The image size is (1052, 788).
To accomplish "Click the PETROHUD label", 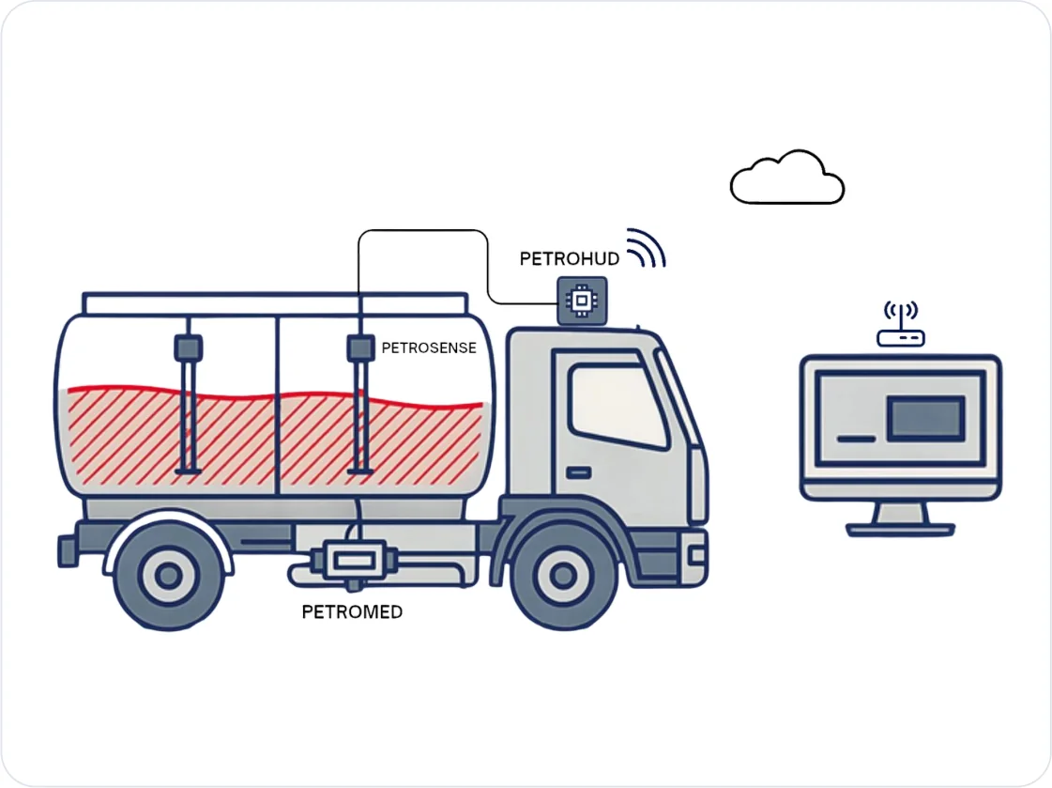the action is pos(569,259).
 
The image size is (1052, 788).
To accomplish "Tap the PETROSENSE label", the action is pos(429,348).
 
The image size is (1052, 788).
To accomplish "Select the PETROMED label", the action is pos(352,612).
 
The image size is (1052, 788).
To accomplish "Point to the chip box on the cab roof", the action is pos(583,300).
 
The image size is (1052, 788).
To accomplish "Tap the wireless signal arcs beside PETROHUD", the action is pos(646,248).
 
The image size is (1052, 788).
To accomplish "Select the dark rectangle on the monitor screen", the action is pos(926,419).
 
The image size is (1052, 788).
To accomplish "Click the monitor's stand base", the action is pos(900,530).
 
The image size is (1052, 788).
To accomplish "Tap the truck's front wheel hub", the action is pos(563,575).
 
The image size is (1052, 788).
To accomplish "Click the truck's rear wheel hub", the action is pos(168,575).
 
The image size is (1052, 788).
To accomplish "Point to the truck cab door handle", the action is pos(578,472).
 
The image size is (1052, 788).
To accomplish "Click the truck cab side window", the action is pos(617,406).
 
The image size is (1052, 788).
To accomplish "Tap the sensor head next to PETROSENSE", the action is pos(360,348).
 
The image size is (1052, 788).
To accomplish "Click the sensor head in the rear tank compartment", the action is pos(189,348).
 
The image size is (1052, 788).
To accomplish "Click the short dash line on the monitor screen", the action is pos(856,439).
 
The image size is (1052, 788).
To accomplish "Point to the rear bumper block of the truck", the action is pos(67,551).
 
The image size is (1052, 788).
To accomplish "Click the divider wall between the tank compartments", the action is pos(277,406).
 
